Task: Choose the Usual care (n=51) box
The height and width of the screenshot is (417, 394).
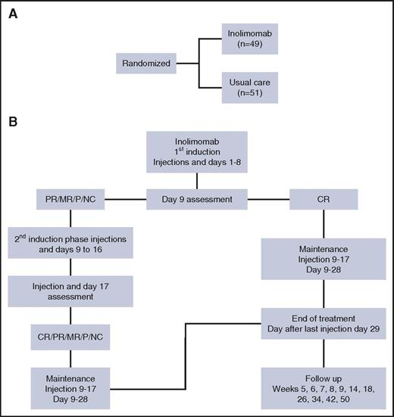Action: click(251, 89)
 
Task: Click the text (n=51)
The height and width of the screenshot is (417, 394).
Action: click(251, 95)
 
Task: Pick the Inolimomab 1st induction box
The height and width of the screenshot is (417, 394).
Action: click(197, 151)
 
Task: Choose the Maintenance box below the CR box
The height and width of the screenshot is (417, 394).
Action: click(326, 260)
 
